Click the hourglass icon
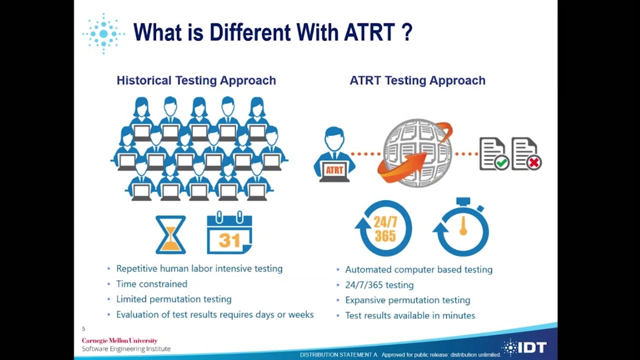[x=170, y=234]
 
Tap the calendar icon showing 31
[x=229, y=233]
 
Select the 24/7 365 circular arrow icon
[x=384, y=228]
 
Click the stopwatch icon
[x=462, y=227]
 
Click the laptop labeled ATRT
[x=334, y=170]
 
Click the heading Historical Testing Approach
[x=196, y=80]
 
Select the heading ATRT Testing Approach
[x=417, y=80]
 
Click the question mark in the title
[x=406, y=32]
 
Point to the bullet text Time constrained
[x=151, y=284]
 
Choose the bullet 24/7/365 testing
[x=379, y=285]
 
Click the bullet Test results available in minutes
[x=410, y=315]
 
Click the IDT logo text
[x=532, y=347]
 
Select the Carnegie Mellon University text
[x=119, y=340]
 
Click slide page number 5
[x=83, y=329]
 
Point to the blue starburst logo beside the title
[x=103, y=33]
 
